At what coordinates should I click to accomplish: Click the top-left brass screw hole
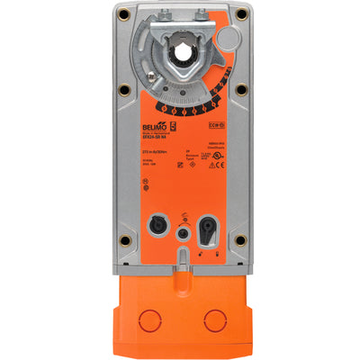coord(122,16)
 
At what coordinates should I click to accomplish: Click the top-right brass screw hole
coord(241,16)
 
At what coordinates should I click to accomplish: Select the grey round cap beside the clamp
coord(229,36)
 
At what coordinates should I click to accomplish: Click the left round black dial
coord(157,221)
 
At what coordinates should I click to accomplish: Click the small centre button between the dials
coord(184,230)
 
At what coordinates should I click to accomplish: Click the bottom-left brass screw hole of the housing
coord(122,239)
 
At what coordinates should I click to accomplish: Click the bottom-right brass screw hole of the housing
coord(241,239)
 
